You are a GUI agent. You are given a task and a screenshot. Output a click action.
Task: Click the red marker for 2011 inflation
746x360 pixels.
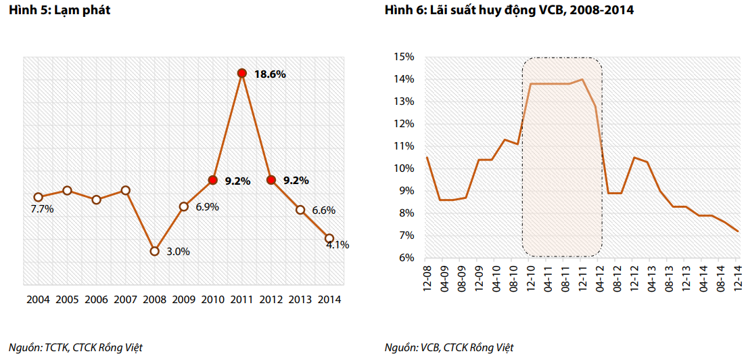click(x=241, y=73)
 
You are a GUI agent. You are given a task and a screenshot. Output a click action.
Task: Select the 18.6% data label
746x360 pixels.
click(x=270, y=74)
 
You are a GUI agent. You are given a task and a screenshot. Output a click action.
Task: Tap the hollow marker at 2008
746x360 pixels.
click(x=154, y=251)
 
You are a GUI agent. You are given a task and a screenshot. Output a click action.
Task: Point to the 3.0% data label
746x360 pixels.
click(x=178, y=252)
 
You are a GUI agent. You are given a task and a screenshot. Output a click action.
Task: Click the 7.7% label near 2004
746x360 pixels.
click(x=42, y=209)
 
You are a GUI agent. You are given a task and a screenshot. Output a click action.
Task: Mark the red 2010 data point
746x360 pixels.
click(x=212, y=180)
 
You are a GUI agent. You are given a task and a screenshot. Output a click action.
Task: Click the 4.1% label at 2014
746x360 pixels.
click(x=337, y=245)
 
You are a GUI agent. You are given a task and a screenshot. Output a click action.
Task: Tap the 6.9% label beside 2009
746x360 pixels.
click(x=207, y=207)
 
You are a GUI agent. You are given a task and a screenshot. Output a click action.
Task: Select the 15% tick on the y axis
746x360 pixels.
click(x=404, y=57)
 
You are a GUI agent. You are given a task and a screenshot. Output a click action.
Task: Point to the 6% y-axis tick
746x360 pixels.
click(x=406, y=258)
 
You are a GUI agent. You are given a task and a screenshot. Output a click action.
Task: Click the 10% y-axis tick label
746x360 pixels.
click(x=404, y=168)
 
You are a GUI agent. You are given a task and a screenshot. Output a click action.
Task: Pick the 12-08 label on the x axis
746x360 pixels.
click(x=427, y=276)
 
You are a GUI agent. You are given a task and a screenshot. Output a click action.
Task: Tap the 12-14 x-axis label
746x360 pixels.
click(x=738, y=276)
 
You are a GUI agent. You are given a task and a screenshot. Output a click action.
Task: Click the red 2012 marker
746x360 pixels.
click(x=271, y=180)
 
